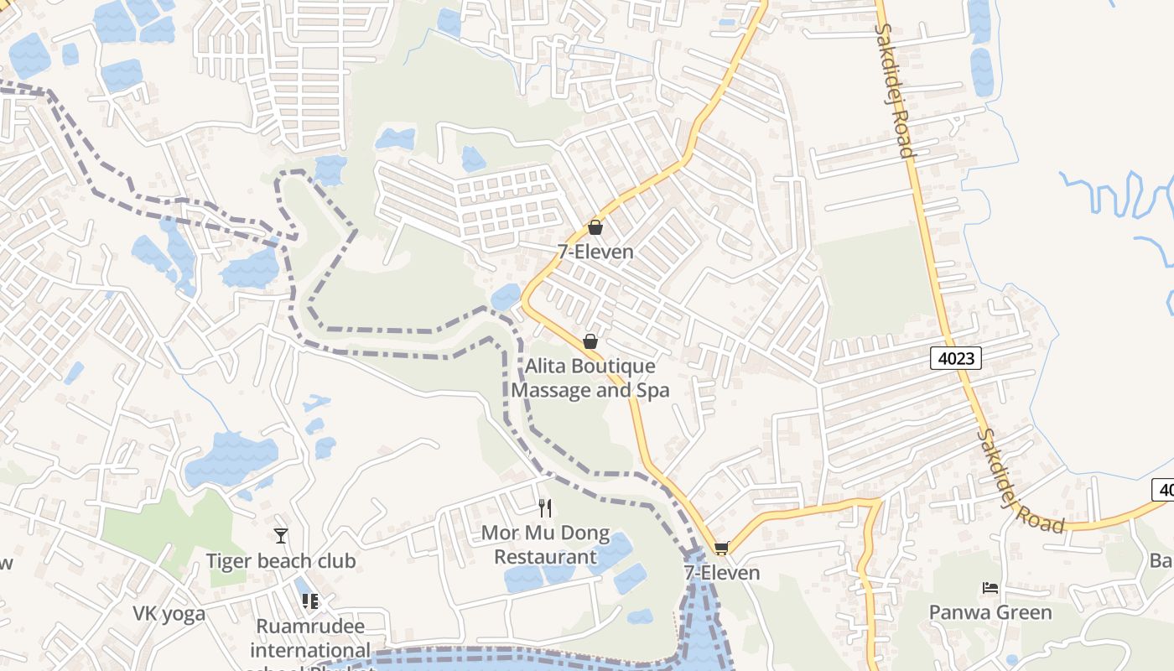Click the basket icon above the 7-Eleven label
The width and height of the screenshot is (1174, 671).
click(595, 227)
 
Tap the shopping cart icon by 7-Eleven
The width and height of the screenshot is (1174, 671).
click(721, 549)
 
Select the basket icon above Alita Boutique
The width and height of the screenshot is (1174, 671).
click(590, 341)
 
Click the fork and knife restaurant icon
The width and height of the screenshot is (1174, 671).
click(545, 507)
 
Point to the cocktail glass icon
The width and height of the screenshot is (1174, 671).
click(281, 535)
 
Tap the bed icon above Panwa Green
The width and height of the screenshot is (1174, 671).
click(990, 588)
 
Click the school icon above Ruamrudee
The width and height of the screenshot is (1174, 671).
click(310, 601)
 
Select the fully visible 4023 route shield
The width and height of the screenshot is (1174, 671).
click(956, 359)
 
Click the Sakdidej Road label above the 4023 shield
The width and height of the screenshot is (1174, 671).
click(894, 91)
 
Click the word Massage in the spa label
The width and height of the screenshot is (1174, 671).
click(550, 390)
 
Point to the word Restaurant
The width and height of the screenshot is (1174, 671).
click(545, 557)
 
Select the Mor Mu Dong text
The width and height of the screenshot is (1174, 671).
click(545, 534)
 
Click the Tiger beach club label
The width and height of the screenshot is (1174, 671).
click(281, 561)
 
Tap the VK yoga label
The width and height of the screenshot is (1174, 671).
click(169, 614)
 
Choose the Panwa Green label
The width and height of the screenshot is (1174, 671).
click(990, 612)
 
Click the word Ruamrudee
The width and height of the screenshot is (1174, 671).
click(310, 627)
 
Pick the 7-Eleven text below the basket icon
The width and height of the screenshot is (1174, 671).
click(595, 252)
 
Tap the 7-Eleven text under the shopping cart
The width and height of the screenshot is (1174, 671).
click(721, 573)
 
